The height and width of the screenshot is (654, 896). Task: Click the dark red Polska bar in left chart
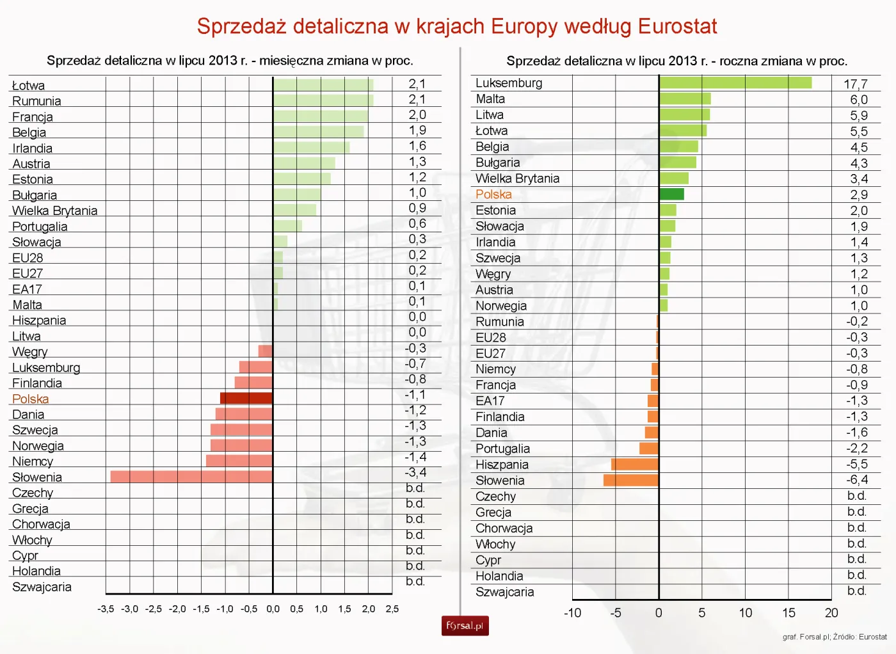[246, 398]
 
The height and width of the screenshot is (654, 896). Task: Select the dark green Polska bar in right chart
[671, 194]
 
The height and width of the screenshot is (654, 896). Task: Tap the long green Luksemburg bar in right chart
[735, 83]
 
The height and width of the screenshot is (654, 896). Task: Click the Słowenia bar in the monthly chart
[191, 477]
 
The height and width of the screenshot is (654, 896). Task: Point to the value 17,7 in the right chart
[855, 84]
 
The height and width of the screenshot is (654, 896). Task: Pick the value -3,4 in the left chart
[415, 472]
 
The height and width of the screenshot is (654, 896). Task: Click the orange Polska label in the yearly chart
[493, 195]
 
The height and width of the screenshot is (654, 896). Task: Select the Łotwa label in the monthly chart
[29, 86]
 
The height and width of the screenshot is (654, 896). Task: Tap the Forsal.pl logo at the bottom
[465, 626]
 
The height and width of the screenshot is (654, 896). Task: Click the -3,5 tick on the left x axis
[106, 609]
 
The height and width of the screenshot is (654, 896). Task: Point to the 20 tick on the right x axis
[831, 613]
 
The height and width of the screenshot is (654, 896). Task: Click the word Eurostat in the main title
[677, 26]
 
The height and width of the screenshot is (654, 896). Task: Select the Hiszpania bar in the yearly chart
[635, 465]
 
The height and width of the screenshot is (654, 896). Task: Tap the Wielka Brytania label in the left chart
[55, 211]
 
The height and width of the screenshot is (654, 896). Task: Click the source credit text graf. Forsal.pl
[806, 637]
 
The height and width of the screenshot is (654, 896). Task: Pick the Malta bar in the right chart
[685, 99]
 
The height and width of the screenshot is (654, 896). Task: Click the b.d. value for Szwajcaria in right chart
[856, 591]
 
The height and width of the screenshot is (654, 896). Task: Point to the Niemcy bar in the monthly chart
[239, 461]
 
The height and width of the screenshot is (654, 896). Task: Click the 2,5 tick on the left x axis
[392, 609]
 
